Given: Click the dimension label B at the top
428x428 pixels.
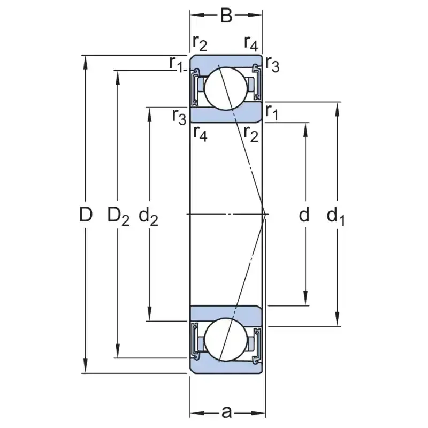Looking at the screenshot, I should pyautogui.click(x=226, y=16).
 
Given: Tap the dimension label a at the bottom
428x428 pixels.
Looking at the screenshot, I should pyautogui.click(x=227, y=412).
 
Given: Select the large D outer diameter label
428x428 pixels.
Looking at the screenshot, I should pyautogui.click(x=86, y=215).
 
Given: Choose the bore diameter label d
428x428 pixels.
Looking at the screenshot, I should pyautogui.click(x=304, y=215).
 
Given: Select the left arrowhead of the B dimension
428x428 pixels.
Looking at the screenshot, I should pyautogui.click(x=194, y=16).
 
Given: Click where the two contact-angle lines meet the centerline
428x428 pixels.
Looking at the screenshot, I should pyautogui.click(x=264, y=214).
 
